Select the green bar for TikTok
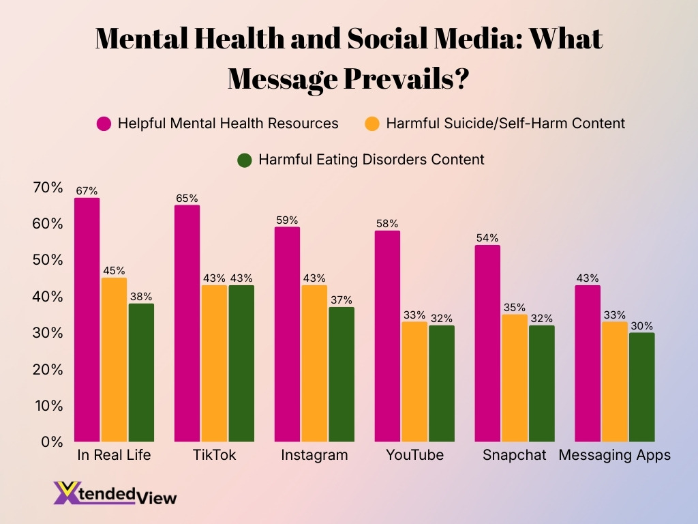[241, 363]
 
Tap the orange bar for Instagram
[314, 363]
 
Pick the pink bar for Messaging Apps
[588, 363]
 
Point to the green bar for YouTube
[442, 383]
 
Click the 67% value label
[87, 191]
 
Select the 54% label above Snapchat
[488, 238]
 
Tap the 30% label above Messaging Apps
[641, 325]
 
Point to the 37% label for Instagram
[342, 300]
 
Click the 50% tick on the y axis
[47, 261]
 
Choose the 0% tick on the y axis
[52, 442]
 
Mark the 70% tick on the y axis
[47, 188]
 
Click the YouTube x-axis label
[414, 455]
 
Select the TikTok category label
[214, 455]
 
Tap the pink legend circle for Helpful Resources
[104, 123]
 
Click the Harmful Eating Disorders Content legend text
[371, 160]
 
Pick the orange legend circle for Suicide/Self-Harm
[371, 123]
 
